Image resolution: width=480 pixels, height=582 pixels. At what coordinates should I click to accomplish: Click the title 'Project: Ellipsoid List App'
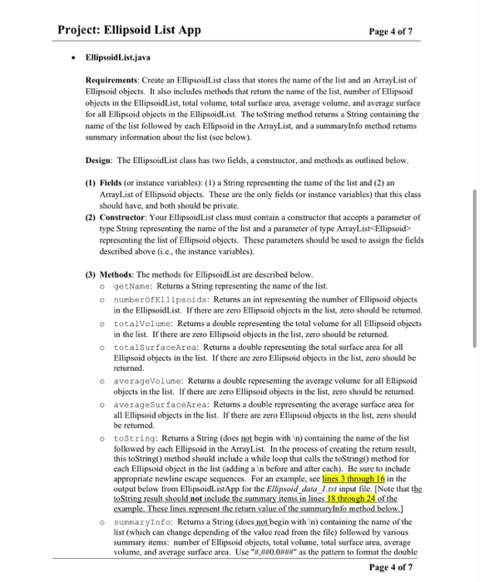(x=129, y=30)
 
